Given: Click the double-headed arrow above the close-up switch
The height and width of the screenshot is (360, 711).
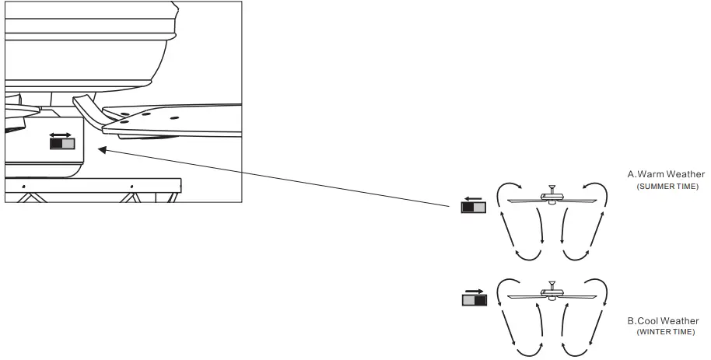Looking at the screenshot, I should [61, 135].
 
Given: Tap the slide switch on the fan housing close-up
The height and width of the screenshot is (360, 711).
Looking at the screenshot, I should [61, 144].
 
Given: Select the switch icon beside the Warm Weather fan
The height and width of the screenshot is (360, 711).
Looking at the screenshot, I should [474, 207].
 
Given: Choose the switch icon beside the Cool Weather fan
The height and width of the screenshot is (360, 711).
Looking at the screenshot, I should [474, 299].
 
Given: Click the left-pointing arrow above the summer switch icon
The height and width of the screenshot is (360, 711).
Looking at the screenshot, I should [473, 197].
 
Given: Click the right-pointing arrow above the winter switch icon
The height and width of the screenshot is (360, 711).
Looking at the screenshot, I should [474, 290].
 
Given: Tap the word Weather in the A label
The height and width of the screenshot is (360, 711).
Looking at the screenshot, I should [685, 175].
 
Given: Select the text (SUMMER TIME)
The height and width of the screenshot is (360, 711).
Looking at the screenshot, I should [667, 187].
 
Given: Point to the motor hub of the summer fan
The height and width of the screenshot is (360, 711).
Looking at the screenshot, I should [552, 201].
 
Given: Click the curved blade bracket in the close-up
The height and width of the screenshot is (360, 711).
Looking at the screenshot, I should [89, 110].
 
